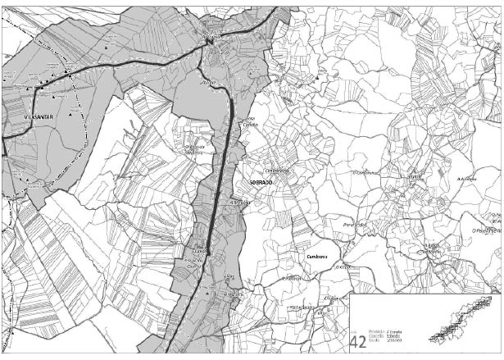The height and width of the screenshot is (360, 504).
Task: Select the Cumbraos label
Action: point(317,256)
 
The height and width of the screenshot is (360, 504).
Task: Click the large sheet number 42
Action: point(358,341)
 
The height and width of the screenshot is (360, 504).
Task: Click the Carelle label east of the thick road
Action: point(249,124)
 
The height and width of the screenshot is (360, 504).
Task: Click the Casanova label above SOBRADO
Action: point(278,170)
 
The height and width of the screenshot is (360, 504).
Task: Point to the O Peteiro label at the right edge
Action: point(487,230)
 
